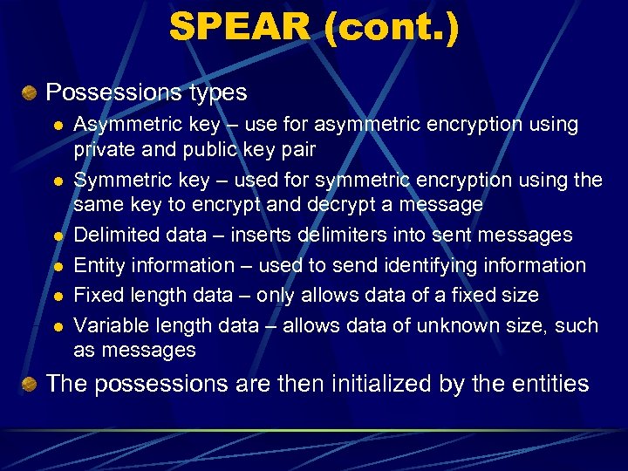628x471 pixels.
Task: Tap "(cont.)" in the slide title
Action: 391,27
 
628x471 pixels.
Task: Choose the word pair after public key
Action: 298,149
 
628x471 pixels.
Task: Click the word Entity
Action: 98,265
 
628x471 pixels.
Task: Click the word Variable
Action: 111,326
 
